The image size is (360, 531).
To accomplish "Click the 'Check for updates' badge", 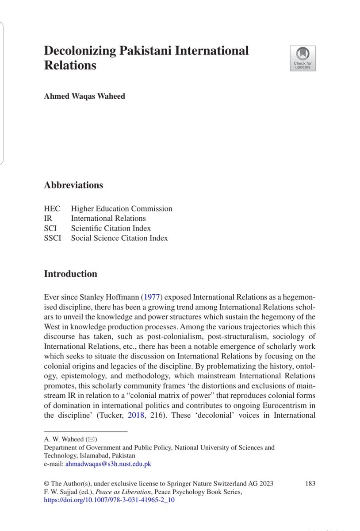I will pyautogui.click(x=303, y=58).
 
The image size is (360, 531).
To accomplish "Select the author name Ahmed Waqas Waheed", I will pyautogui.click(x=84, y=96).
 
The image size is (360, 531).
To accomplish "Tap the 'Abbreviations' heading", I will pyautogui.click(x=73, y=185).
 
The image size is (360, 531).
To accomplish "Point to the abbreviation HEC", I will pyautogui.click(x=52, y=208).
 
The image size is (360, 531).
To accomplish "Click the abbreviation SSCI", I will pyautogui.click(x=53, y=238).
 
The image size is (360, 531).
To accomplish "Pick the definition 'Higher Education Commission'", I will pyautogui.click(x=122, y=208).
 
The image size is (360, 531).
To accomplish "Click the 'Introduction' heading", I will pyautogui.click(x=70, y=274).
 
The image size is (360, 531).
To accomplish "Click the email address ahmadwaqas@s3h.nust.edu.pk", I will pyautogui.click(x=108, y=464).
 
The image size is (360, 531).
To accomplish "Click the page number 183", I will pyautogui.click(x=310, y=483).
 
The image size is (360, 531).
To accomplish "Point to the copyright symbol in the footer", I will pyautogui.click(x=46, y=483).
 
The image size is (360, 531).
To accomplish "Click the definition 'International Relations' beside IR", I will pyautogui.click(x=108, y=218).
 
